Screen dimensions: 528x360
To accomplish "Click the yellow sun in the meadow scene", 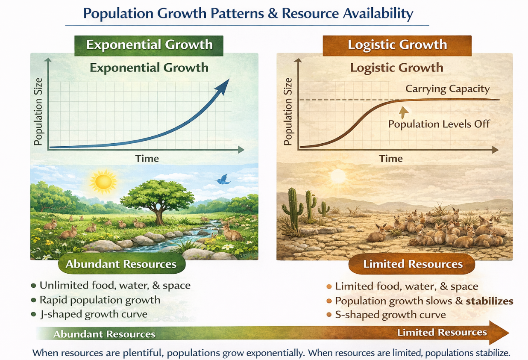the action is click(x=103, y=182).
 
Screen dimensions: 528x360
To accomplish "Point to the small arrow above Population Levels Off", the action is click(x=404, y=112).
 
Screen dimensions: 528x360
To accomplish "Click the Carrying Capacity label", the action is click(x=447, y=89).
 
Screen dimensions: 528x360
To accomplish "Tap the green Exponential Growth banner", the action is click(x=149, y=45).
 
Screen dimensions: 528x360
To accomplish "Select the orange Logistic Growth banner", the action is click(x=397, y=45).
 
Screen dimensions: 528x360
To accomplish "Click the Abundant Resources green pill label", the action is click(x=122, y=264).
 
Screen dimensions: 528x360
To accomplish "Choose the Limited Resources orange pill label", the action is click(x=411, y=264).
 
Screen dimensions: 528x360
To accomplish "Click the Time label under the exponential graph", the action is click(x=147, y=159).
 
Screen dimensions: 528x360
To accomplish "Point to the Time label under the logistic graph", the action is click(x=390, y=159).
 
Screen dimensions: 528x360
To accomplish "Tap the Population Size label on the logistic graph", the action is click(x=288, y=111).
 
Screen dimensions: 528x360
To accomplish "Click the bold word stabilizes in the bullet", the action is click(x=490, y=301).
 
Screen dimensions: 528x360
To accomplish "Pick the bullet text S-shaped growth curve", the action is click(x=390, y=315).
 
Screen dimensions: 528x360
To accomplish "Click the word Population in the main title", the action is click(x=118, y=13).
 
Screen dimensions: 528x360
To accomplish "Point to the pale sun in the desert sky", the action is click(x=338, y=176).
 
